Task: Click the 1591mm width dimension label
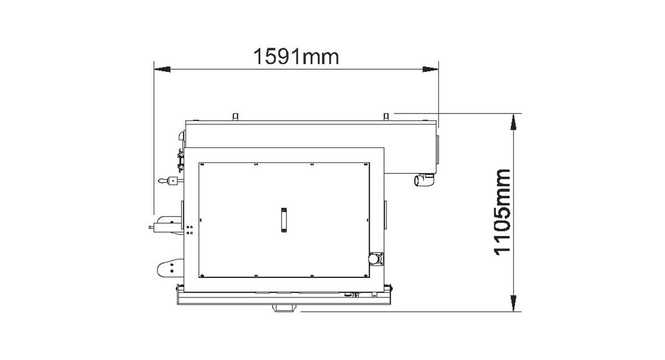click(296, 56)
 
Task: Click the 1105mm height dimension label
click(502, 212)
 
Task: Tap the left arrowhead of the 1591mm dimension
click(162, 69)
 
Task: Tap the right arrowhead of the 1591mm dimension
click(430, 69)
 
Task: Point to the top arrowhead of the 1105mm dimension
click(513, 122)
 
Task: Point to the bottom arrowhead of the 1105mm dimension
click(513, 304)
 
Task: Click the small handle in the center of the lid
click(284, 220)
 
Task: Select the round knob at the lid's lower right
click(375, 259)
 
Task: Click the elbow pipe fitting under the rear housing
click(424, 180)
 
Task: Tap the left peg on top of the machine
click(236, 117)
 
